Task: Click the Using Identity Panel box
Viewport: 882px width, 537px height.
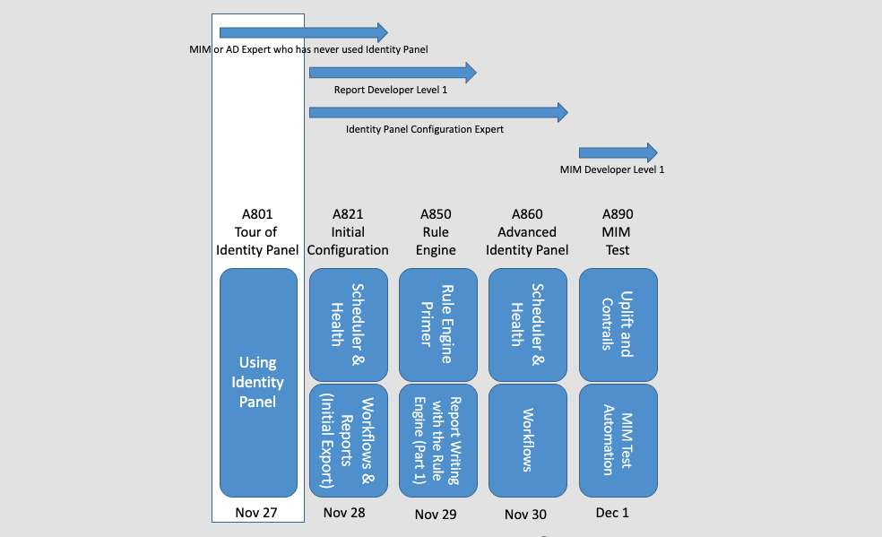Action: (x=258, y=383)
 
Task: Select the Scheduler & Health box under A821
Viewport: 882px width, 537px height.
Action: (x=348, y=325)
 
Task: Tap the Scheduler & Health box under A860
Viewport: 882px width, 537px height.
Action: (x=527, y=325)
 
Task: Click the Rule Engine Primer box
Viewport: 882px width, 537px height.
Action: (x=437, y=325)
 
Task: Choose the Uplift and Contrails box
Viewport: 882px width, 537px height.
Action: (x=618, y=325)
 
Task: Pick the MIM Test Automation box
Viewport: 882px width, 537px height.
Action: (x=618, y=440)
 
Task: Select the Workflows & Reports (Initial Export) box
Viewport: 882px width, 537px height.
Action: (x=348, y=440)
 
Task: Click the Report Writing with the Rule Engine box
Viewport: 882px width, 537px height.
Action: (x=437, y=440)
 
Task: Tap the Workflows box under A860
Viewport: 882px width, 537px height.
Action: (x=527, y=440)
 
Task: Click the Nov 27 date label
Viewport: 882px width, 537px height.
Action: (x=256, y=513)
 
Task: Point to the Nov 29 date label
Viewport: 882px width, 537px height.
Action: (x=437, y=514)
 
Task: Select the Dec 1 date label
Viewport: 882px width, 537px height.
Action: (x=612, y=513)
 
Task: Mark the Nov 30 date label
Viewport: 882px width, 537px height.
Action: (x=526, y=514)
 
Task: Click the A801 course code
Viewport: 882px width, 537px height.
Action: (x=257, y=214)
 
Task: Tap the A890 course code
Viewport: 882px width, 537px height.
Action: (x=618, y=214)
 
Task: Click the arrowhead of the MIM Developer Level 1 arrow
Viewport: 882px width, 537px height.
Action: (x=649, y=152)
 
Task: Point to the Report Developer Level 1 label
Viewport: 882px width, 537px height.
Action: (x=390, y=90)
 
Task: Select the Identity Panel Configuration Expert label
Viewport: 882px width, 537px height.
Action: (x=425, y=129)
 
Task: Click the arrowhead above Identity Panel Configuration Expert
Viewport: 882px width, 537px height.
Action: (x=561, y=112)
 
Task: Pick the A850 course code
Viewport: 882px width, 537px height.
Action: (x=437, y=214)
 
